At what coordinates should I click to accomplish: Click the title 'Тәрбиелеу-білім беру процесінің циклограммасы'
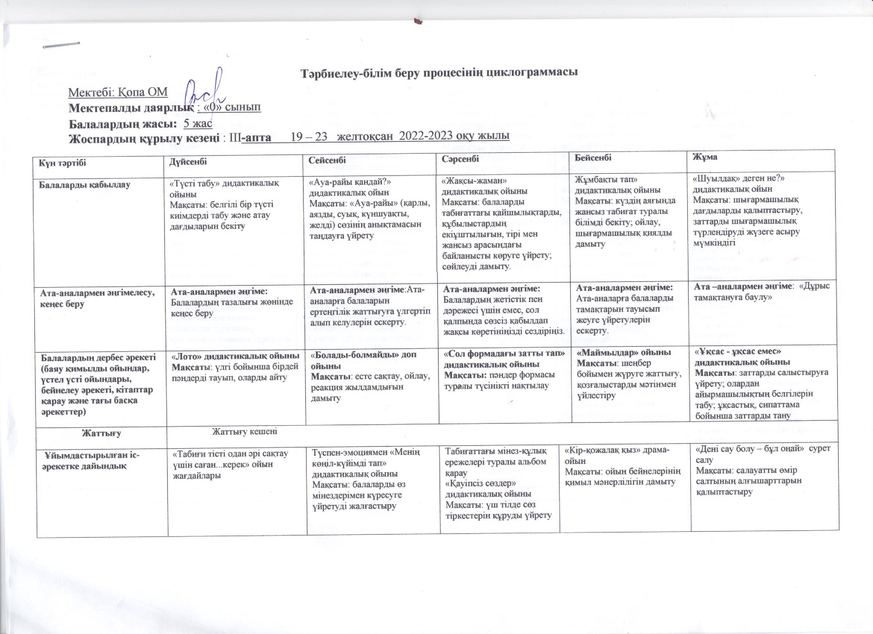tap(439, 73)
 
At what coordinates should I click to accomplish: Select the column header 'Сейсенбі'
tap(328, 159)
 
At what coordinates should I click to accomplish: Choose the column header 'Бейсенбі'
tap(593, 157)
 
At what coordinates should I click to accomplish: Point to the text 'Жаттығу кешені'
tap(245, 431)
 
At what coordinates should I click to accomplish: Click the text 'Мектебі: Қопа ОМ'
tap(118, 93)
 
